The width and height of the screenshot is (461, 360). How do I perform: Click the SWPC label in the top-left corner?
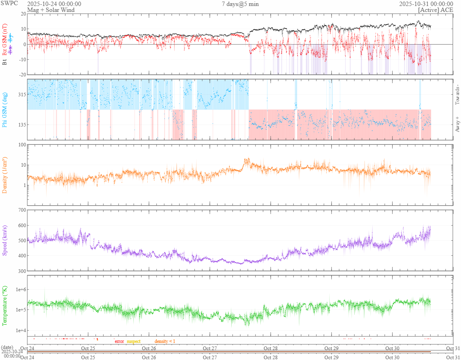click(9, 4)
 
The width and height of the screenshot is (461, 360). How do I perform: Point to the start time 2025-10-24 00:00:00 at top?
click(54, 4)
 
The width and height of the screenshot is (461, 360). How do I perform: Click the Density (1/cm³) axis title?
click(5, 175)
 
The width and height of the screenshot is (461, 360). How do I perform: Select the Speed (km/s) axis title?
click(5, 240)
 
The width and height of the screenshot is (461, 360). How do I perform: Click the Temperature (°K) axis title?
click(5, 306)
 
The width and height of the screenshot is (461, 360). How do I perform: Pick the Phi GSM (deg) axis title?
click(5, 109)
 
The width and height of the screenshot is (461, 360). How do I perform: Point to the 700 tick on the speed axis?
click(21, 210)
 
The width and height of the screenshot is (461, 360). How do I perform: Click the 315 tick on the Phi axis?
click(21, 95)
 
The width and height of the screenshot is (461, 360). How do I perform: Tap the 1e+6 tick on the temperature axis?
click(19, 289)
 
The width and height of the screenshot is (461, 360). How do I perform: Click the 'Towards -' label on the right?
click(457, 95)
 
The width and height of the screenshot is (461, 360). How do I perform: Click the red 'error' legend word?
click(119, 341)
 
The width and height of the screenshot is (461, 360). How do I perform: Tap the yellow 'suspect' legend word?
click(134, 341)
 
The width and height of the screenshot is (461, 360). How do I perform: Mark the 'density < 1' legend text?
click(165, 341)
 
